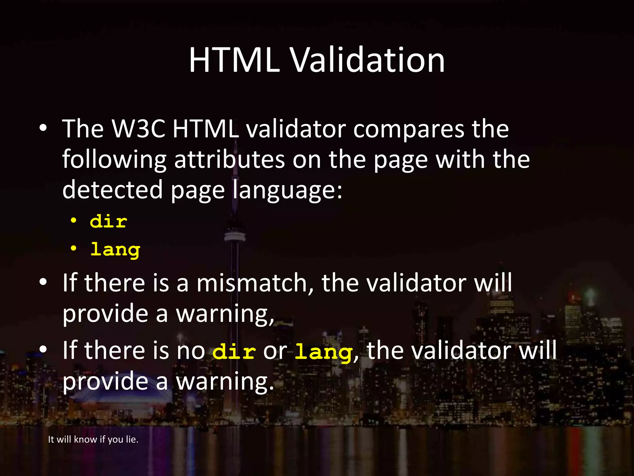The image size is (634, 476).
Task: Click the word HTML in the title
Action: (234, 60)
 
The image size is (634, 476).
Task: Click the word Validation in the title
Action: (368, 60)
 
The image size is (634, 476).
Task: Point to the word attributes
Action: (229, 159)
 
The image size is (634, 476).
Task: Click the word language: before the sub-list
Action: (287, 190)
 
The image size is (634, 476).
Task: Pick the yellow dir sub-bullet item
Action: (108, 222)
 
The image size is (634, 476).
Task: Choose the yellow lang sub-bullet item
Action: (115, 250)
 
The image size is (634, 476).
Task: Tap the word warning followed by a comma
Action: (225, 314)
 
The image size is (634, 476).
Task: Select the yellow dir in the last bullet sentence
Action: (234, 352)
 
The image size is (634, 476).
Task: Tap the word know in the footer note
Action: (85, 439)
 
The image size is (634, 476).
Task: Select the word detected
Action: (112, 190)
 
